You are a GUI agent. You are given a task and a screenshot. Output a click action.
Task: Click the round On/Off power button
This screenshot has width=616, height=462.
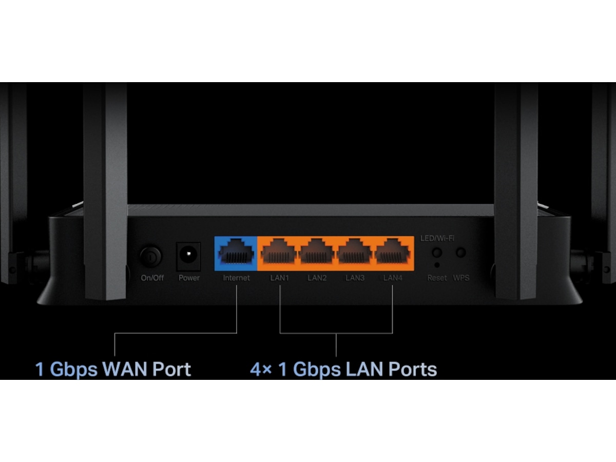point(151,256)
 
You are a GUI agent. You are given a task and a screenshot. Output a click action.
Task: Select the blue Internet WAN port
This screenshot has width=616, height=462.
point(236,253)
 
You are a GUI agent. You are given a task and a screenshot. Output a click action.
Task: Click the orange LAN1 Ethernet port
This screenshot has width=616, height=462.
point(279,253)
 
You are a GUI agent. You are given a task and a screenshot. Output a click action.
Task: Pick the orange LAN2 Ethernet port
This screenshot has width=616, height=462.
point(317,253)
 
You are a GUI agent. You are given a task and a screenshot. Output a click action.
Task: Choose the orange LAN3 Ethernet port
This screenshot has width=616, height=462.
point(355,253)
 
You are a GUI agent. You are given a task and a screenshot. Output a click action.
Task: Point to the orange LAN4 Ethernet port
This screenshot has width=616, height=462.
point(393,253)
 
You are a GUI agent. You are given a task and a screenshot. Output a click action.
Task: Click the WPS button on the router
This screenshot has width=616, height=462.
point(461,253)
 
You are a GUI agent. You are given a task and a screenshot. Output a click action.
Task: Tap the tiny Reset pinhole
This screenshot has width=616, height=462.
point(437,265)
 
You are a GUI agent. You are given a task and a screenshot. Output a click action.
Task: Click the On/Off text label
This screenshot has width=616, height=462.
point(152,278)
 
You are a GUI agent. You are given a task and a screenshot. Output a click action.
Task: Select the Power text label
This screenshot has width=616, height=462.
point(189,278)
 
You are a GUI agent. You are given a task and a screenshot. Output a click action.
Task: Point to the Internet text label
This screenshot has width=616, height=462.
point(236,278)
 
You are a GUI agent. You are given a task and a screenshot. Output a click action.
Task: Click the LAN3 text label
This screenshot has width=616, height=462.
point(355,278)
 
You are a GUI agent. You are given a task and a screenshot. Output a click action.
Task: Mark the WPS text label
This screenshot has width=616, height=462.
point(461,278)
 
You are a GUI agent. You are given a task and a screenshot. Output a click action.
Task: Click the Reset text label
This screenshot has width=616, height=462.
point(437,278)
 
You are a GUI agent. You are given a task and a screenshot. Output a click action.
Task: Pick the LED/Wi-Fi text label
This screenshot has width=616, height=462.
point(437,238)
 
